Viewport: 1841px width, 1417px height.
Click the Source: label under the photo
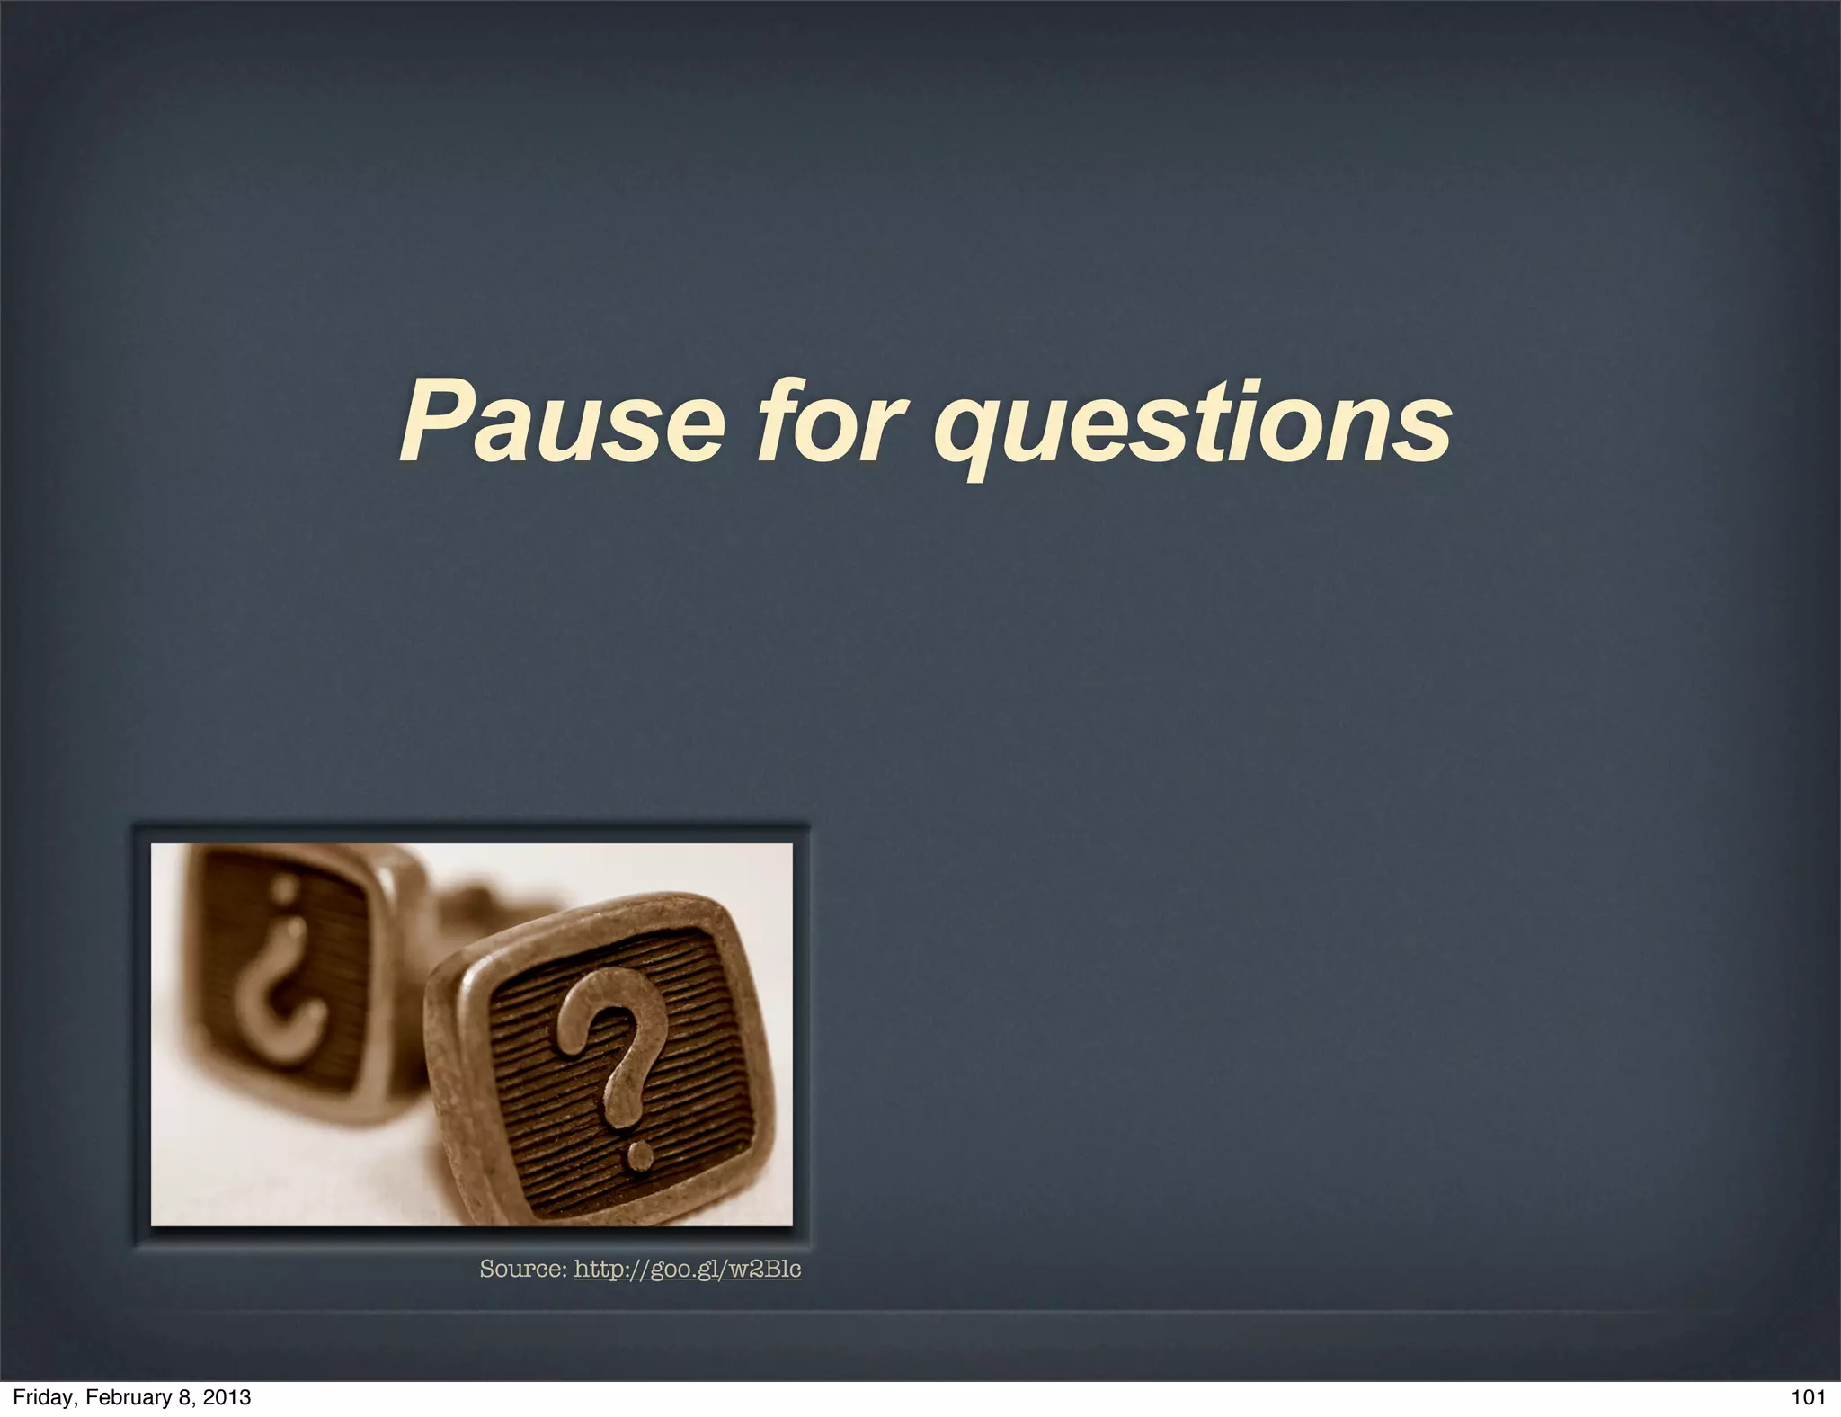(x=522, y=1269)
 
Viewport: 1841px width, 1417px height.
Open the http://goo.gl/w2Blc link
(x=687, y=1269)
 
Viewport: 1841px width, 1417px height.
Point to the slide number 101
(x=1808, y=1397)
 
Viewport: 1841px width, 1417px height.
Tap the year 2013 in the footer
(x=227, y=1397)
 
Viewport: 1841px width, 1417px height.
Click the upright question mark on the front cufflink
(x=612, y=1061)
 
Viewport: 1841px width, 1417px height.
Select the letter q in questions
(x=971, y=432)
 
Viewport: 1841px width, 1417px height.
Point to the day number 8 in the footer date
(x=183, y=1397)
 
